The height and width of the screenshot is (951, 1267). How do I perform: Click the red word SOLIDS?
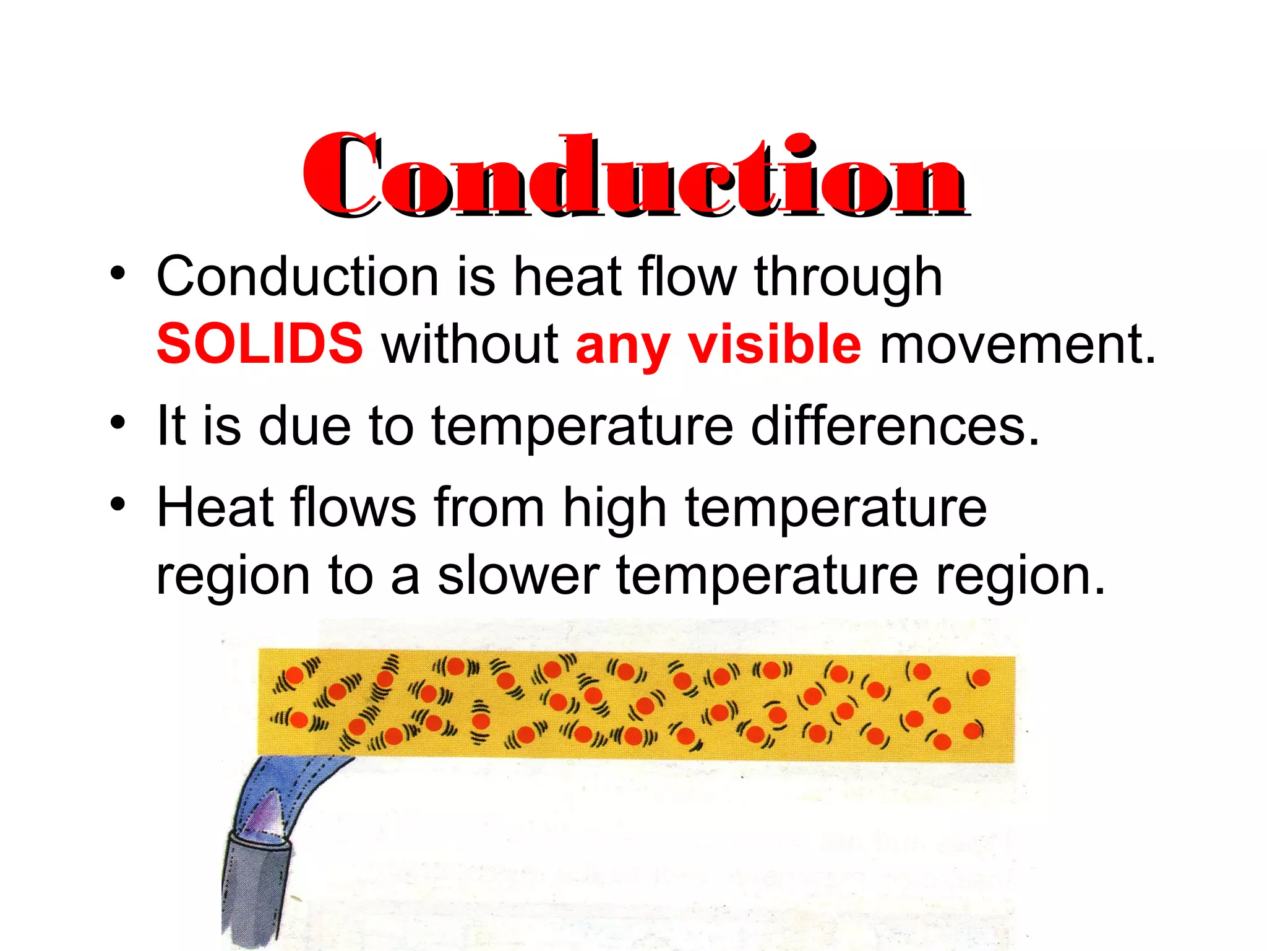[260, 344]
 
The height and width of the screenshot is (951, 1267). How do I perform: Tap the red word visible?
[775, 344]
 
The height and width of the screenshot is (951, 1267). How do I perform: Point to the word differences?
[895, 425]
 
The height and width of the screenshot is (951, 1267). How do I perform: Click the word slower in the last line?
[518, 576]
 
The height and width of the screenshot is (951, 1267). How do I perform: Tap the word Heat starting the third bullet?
[215, 508]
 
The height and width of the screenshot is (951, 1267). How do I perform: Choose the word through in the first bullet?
[848, 277]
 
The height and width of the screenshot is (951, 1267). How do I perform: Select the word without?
[470, 344]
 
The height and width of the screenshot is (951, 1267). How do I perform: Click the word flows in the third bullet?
[353, 508]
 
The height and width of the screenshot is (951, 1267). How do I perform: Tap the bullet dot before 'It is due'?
[118, 423]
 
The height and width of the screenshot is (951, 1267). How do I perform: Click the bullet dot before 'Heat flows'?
[118, 505]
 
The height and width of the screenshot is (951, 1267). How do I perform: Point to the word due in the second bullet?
[305, 425]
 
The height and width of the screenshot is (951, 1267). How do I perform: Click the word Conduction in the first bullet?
[298, 277]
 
